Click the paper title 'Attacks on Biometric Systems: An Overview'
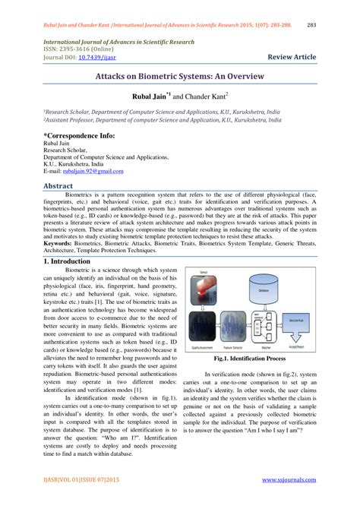179,78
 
